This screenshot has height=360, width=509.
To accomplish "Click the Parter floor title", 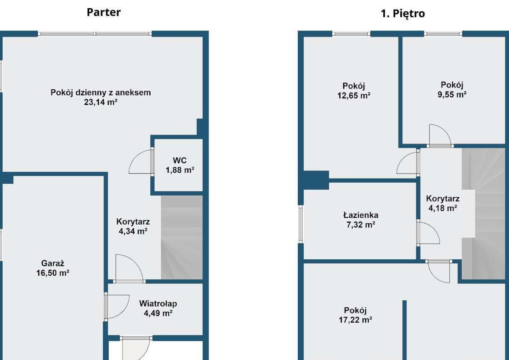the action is click(103, 12).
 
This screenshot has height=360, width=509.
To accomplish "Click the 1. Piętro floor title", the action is click(403, 14).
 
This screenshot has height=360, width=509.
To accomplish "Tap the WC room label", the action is click(179, 160).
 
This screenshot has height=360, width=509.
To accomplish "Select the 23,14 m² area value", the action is click(101, 103).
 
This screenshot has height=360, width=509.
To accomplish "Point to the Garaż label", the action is click(53, 263).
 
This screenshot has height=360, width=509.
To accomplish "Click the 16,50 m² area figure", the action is click(53, 273).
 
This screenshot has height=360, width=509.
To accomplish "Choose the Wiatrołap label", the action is click(158, 303).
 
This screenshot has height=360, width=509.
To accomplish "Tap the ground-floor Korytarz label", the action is click(133, 222).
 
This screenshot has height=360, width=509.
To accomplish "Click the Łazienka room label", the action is click(361, 215).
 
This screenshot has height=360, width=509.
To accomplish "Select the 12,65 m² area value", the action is click(354, 96).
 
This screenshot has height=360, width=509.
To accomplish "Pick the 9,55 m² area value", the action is click(452, 95).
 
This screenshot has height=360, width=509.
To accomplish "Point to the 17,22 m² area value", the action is click(356, 320).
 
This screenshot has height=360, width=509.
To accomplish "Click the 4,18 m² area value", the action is click(443, 208).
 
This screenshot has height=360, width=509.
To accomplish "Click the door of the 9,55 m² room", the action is click(440, 136).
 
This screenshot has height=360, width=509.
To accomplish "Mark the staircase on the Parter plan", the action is click(182, 237).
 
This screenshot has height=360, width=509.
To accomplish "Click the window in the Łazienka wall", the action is click(300, 224).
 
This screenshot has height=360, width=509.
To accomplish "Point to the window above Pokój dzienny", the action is click(95, 34).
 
